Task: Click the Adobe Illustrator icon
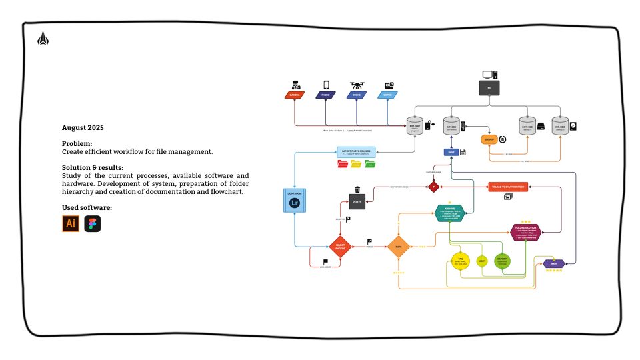pyautogui.click(x=71, y=224)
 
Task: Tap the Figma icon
pyautogui.click(x=93, y=224)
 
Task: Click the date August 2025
pyautogui.click(x=83, y=127)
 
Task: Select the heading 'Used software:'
pyautogui.click(x=87, y=208)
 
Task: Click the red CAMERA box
pyautogui.click(x=294, y=95)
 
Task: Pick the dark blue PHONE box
pyautogui.click(x=326, y=95)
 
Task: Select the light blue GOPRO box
pyautogui.click(x=388, y=95)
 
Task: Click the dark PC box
pyautogui.click(x=489, y=87)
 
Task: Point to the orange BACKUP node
pyautogui.click(x=490, y=139)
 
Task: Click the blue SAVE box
pyautogui.click(x=451, y=152)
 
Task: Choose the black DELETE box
pyautogui.click(x=357, y=201)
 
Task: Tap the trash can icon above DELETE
pyautogui.click(x=357, y=189)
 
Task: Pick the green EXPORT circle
pyautogui.click(x=502, y=261)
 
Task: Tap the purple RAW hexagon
pyautogui.click(x=554, y=264)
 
